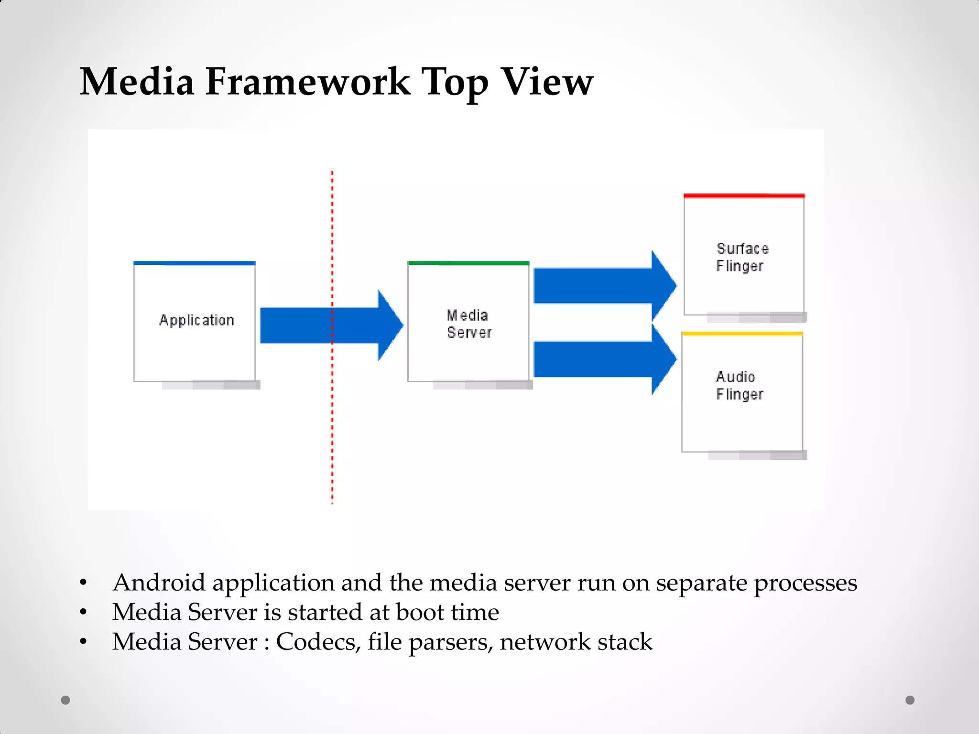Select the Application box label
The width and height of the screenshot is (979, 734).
[196, 320]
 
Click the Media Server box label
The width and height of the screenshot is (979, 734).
[468, 324]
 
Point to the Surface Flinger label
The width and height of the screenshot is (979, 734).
[742, 257]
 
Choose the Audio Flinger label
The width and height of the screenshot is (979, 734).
[739, 386]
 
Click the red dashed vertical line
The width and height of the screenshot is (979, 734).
[332, 430]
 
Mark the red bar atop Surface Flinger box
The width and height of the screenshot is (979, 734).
[744, 196]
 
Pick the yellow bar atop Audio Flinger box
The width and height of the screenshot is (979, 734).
[742, 334]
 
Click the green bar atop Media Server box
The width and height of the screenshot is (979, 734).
[468, 263]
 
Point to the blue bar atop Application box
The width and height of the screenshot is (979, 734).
[195, 263]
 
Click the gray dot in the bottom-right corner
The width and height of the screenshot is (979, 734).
[910, 700]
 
